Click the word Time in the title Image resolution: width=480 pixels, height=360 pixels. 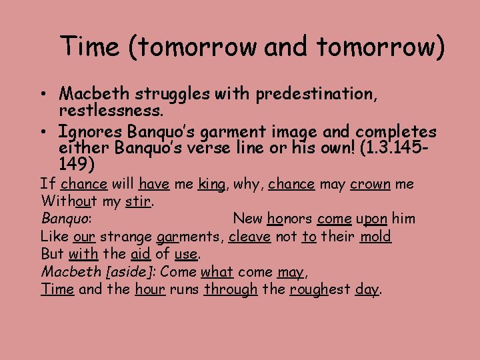tap(89, 46)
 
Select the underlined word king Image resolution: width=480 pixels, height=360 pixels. tap(211, 183)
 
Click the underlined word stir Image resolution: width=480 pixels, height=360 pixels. tap(139, 201)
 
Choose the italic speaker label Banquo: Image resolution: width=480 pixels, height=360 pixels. tap(66, 218)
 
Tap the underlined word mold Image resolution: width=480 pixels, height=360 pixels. tap(375, 236)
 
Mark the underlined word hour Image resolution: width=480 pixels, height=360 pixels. tap(150, 289)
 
